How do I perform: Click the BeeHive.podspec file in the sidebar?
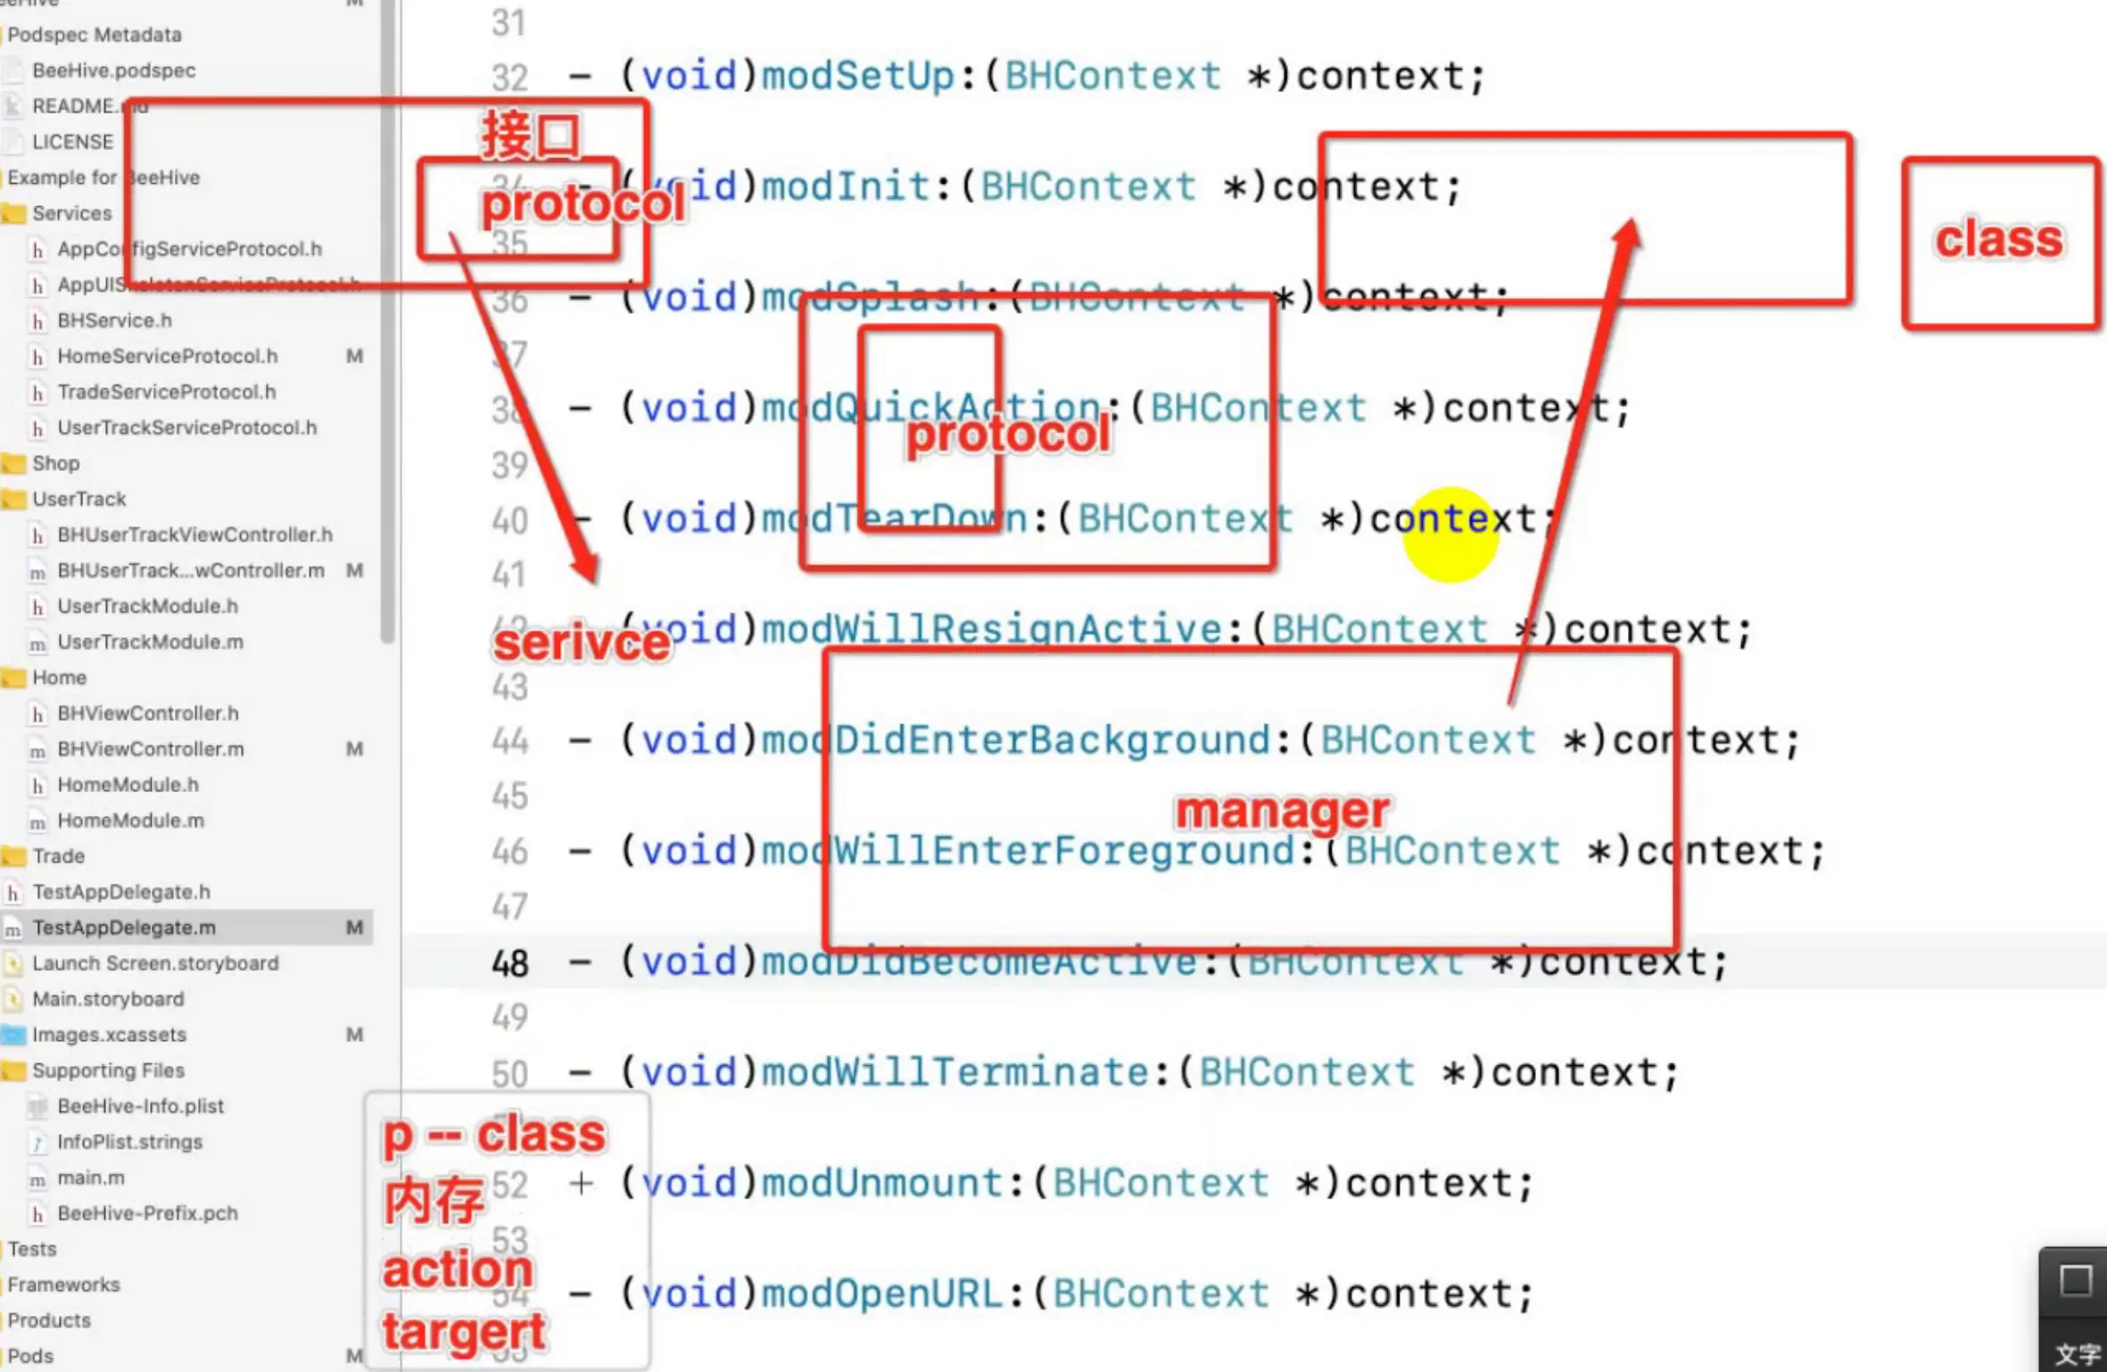tap(113, 70)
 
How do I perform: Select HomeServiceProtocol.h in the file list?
tap(167, 356)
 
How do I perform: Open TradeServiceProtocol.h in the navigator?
tap(166, 392)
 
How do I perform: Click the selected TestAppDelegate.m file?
tap(124, 928)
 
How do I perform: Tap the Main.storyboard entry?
tap(108, 999)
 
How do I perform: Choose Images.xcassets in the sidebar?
tap(109, 1035)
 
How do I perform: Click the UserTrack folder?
tap(78, 499)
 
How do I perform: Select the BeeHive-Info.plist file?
tap(140, 1106)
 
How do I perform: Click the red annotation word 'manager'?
tap(1281, 811)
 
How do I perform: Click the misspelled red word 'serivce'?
tap(582, 643)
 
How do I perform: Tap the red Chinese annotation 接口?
tap(531, 136)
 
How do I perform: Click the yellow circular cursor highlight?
tap(1450, 534)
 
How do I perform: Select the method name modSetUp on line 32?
tap(858, 77)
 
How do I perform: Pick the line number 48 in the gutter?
tap(510, 963)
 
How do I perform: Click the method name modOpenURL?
tap(881, 1293)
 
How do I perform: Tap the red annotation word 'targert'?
tap(464, 1333)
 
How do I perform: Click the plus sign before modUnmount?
tap(581, 1184)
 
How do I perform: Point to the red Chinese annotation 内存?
tap(434, 1202)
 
